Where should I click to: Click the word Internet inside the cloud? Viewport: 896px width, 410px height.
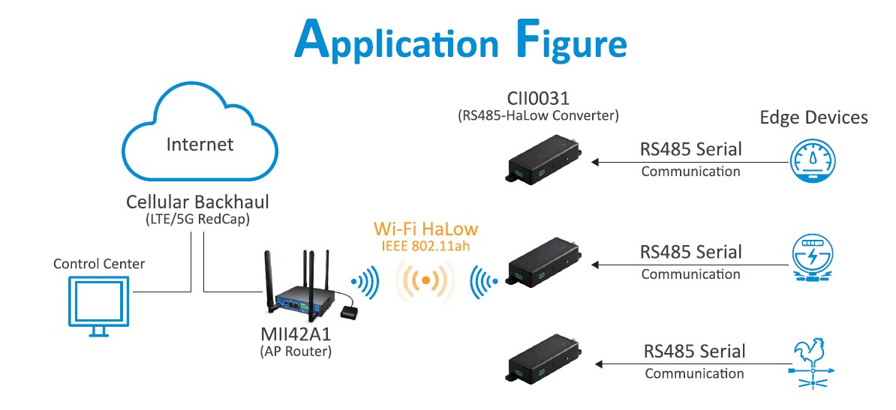click(200, 144)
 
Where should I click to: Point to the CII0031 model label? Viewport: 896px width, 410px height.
click(538, 99)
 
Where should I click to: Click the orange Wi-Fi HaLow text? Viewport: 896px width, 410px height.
click(425, 229)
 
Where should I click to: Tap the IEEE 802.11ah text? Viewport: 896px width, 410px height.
click(425, 245)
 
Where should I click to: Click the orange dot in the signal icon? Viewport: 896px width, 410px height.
click(425, 280)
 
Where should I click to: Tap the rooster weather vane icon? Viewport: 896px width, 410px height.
click(813, 364)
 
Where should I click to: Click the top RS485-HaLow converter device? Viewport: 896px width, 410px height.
click(542, 160)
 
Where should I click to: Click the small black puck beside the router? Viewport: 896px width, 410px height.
click(351, 310)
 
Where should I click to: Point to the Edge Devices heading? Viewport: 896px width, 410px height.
click(813, 118)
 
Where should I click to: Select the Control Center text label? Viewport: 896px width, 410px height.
click(99, 264)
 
